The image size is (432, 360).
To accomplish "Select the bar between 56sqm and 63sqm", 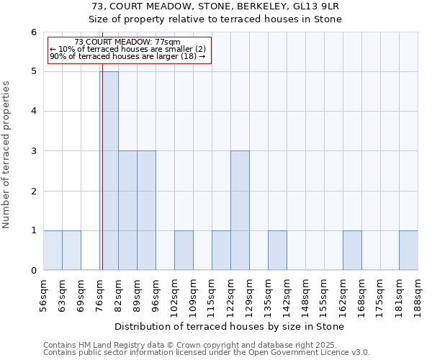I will click(x=53, y=251).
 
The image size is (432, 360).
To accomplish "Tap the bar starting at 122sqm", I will click(x=240, y=210).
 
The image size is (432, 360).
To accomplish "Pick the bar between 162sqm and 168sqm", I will click(x=352, y=251).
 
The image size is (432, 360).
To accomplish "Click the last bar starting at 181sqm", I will click(x=408, y=251).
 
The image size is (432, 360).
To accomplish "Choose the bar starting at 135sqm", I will click(x=277, y=251).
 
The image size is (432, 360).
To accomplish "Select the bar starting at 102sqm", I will click(x=184, y=251).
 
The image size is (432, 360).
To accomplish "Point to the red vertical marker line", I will click(x=102, y=180).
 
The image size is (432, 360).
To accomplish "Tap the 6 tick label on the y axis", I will click(x=33, y=32).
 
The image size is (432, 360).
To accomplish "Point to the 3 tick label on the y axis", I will click(x=33, y=151).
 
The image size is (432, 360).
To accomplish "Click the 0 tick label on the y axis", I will click(x=33, y=271).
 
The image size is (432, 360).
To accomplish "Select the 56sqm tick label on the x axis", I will click(x=44, y=294).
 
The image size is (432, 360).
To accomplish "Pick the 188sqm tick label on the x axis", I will click(x=418, y=294).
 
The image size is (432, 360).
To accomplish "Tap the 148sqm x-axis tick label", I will click(x=306, y=294).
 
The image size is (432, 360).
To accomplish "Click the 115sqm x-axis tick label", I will click(x=212, y=294).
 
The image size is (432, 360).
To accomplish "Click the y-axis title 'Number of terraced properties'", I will click(x=8, y=155).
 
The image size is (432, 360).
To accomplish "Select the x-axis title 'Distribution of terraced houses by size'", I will click(x=230, y=327).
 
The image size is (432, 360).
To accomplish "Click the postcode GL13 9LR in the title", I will click(x=320, y=6).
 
